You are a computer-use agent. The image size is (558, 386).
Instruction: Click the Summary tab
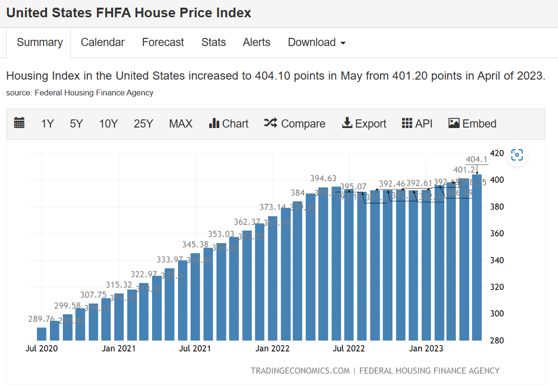[x=39, y=42]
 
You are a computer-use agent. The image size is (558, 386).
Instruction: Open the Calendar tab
[x=103, y=42]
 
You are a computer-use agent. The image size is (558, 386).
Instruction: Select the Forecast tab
[x=163, y=42]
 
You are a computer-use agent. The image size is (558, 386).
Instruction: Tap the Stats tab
[x=214, y=42]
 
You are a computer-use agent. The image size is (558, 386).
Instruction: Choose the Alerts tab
[x=257, y=42]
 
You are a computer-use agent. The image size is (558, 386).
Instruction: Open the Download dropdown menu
[x=317, y=42]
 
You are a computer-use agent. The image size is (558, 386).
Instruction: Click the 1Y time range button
[x=47, y=124]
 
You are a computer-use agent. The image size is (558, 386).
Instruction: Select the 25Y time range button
[x=143, y=124]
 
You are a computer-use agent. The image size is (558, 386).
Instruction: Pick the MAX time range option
[x=180, y=124]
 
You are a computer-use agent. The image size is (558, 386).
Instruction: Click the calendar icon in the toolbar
[x=19, y=123]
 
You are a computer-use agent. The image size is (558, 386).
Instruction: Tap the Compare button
[x=295, y=124]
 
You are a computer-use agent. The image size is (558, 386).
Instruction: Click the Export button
[x=364, y=124]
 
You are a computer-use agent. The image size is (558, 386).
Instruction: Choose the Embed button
[x=472, y=124]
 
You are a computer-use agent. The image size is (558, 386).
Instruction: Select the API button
[x=417, y=124]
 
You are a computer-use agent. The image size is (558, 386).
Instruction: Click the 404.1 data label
[x=476, y=160]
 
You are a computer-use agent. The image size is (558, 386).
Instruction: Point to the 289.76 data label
[x=41, y=319]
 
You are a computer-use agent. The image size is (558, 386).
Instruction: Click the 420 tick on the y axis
[x=497, y=153]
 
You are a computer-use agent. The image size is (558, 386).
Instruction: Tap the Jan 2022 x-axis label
[x=273, y=349]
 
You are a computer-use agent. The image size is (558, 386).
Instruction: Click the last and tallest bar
[x=477, y=259]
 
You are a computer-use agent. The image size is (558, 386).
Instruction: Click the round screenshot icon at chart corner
[x=517, y=155]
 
